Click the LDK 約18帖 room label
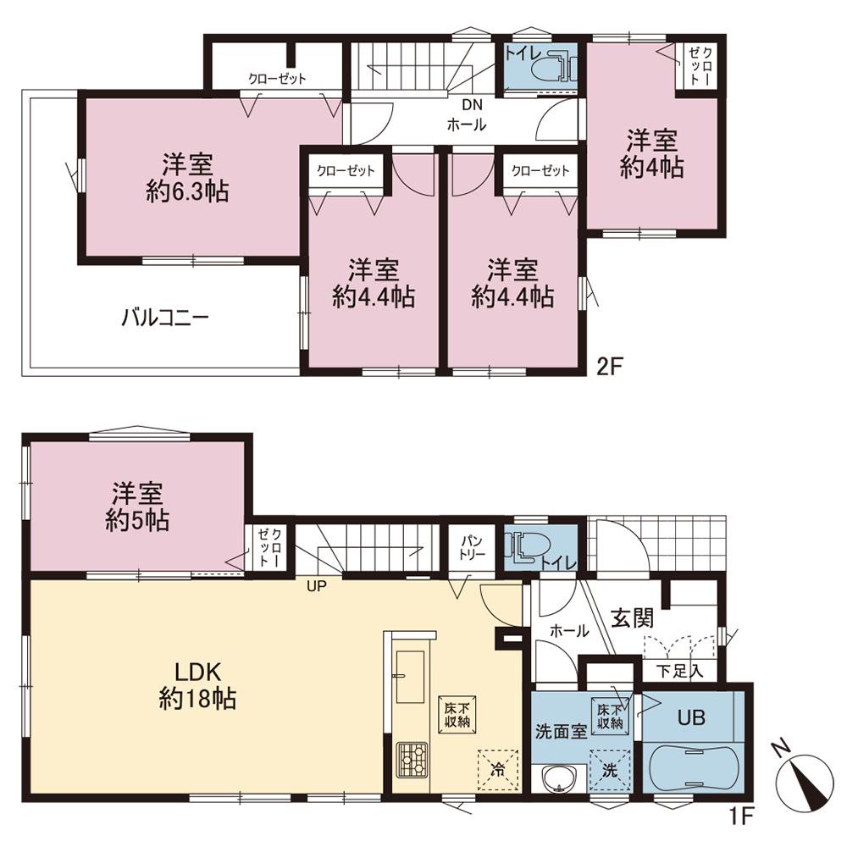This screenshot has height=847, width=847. (x=197, y=685)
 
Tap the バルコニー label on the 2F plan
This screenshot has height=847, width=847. (x=165, y=317)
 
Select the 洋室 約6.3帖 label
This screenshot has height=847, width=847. (x=187, y=178)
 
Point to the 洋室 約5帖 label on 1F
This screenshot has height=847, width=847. (x=137, y=507)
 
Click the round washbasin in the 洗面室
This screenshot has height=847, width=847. (x=557, y=778)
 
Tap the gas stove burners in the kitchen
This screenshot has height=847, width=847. (x=412, y=760)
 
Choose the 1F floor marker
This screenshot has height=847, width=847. (x=742, y=816)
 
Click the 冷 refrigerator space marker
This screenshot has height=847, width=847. (x=498, y=769)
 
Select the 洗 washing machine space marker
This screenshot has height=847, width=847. (x=610, y=770)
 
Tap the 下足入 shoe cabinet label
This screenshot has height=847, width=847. (x=679, y=671)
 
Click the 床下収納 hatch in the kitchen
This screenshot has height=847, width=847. (x=457, y=714)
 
